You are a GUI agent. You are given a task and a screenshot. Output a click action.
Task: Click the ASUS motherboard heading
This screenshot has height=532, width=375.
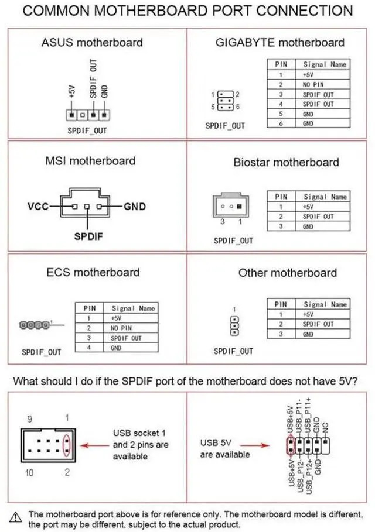[92, 42]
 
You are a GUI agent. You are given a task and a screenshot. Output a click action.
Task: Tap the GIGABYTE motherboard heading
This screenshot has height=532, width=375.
[280, 42]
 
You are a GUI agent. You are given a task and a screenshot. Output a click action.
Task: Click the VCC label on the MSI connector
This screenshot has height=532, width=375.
[38, 207]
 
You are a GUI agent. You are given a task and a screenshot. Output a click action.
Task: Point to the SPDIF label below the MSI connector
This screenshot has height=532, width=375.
[88, 236]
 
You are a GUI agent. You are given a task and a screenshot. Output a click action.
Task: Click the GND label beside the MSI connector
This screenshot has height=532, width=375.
[135, 207]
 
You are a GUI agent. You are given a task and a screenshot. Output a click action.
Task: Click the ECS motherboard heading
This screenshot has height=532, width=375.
[93, 272]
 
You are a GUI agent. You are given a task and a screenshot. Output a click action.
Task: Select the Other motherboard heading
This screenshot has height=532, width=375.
[287, 273]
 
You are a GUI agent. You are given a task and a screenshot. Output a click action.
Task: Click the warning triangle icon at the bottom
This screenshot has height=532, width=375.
[18, 515]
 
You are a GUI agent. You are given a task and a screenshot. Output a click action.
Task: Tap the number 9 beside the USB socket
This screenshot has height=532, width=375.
[30, 419]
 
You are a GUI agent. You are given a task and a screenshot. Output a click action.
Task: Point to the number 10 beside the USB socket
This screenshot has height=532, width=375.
[29, 472]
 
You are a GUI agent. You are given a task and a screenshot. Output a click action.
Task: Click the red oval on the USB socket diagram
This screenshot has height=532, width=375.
[68, 445]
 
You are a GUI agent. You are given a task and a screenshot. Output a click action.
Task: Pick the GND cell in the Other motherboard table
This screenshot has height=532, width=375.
[308, 334]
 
